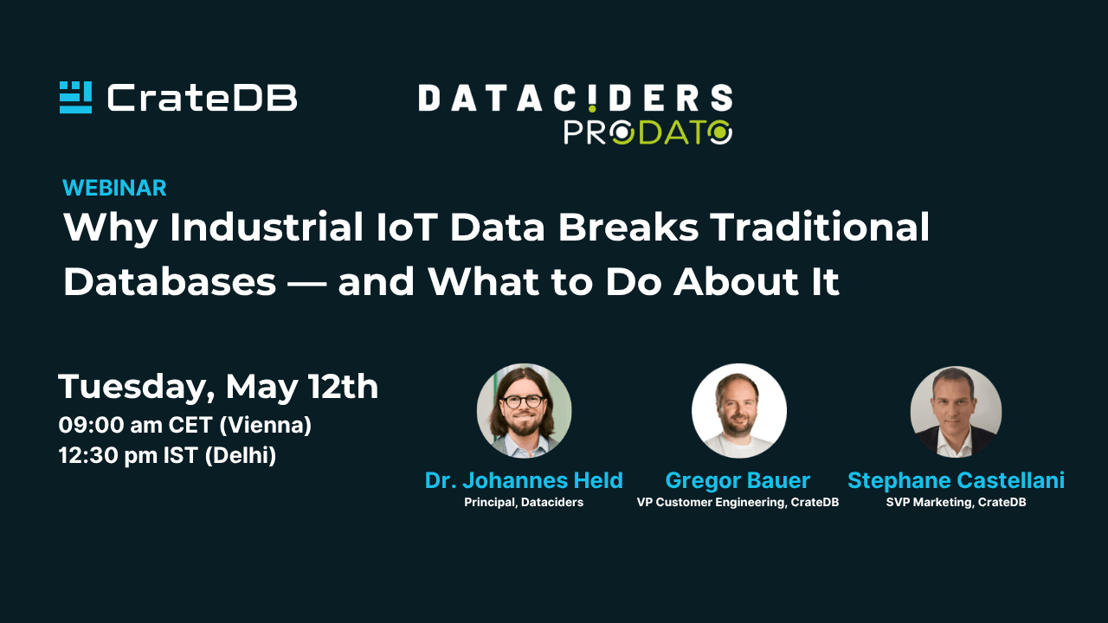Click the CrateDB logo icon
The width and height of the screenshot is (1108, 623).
75,98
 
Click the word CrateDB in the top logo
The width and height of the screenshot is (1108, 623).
202,98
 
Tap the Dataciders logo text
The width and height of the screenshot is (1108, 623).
576,98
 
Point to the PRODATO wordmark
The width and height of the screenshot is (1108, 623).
648,132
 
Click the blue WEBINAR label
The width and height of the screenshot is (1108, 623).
114,188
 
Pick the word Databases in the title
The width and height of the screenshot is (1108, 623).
170,282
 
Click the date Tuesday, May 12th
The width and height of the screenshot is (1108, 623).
218,387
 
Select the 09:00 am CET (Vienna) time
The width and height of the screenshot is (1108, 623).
185,425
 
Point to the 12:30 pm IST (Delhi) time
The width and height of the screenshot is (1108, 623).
167,455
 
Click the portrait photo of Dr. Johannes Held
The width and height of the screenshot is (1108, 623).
524,411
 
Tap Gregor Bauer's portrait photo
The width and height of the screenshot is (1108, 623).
738,411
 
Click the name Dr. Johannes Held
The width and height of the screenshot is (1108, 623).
524,480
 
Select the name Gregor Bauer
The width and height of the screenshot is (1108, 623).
738,480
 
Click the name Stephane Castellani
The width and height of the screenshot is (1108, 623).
956,480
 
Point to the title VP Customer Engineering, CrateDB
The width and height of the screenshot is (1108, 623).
738,503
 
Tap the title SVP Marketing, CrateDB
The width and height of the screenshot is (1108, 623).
956,503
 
